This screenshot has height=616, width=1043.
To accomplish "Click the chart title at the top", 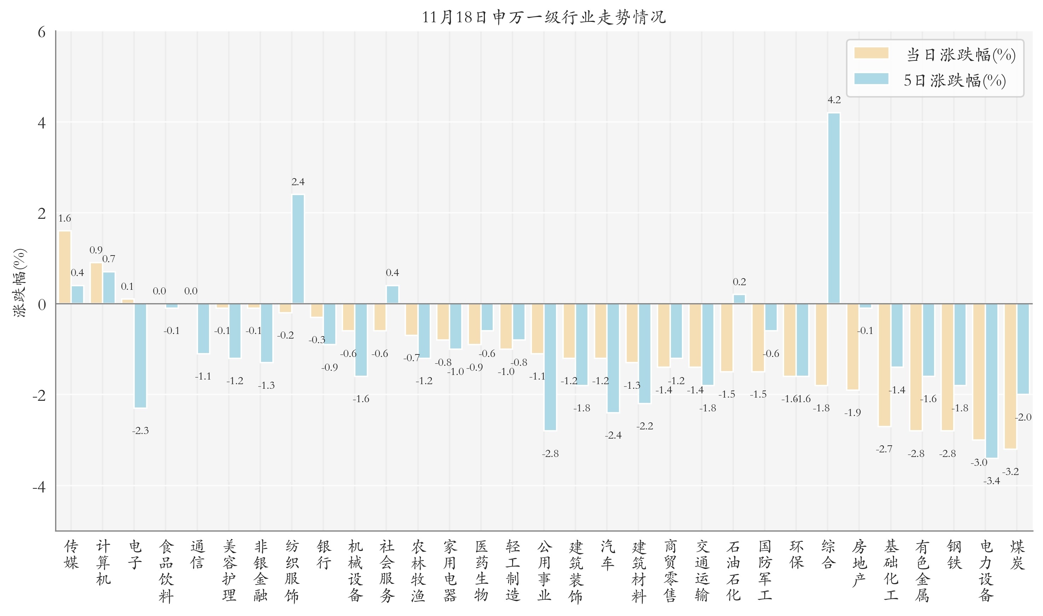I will pyautogui.click(x=543, y=17).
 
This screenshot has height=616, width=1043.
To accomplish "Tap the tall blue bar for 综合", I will pyautogui.click(x=834, y=207).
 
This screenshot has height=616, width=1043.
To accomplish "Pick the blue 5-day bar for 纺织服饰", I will pyautogui.click(x=298, y=249).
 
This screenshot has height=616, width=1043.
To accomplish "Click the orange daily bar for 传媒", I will pyautogui.click(x=65, y=267).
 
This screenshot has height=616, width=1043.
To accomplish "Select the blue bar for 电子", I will pyautogui.click(x=140, y=355).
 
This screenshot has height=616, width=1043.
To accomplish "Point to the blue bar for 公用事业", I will pyautogui.click(x=550, y=366).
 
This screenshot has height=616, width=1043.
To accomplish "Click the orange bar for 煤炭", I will pyautogui.click(x=1010, y=376).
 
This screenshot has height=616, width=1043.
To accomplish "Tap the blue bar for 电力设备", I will pyautogui.click(x=991, y=380).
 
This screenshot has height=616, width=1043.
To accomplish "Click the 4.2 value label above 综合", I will pyautogui.click(x=834, y=100).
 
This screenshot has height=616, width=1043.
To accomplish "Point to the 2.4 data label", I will pyautogui.click(x=298, y=182).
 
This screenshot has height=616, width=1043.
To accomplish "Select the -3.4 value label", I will pyautogui.click(x=991, y=481).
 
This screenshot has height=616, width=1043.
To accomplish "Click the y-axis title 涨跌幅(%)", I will pyautogui.click(x=20, y=283).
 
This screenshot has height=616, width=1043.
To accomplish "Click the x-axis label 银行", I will pyautogui.click(x=324, y=555).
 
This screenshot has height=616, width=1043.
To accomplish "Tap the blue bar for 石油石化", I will pyautogui.click(x=739, y=299).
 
